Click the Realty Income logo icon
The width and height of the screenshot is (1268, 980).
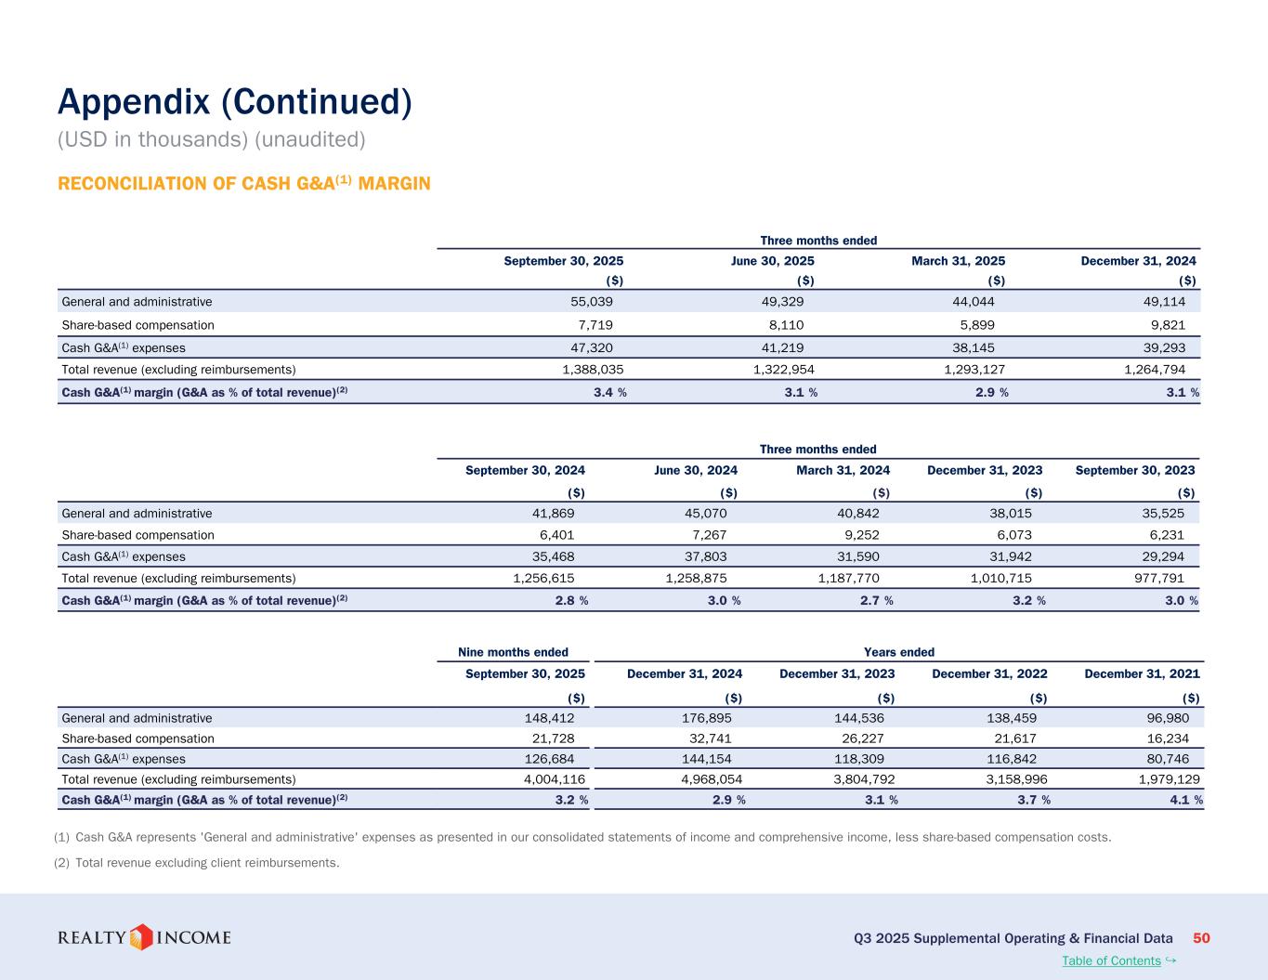click(140, 937)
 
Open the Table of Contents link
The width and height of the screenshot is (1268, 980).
click(1111, 960)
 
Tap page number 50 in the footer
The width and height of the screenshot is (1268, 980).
click(1201, 938)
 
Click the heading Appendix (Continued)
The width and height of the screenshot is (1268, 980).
click(234, 102)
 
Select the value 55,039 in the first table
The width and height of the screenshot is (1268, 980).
click(591, 302)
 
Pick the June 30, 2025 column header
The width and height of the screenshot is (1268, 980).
click(772, 261)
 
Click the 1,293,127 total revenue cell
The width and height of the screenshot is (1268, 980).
click(968, 369)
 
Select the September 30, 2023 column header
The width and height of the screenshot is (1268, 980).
click(1134, 470)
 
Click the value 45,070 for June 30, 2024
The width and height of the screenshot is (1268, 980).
click(705, 513)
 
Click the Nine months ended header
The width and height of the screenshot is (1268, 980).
click(514, 652)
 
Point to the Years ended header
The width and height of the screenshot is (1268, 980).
click(899, 652)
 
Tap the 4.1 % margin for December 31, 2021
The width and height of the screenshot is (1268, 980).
click(1186, 800)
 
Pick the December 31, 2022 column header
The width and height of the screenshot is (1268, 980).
click(989, 674)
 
